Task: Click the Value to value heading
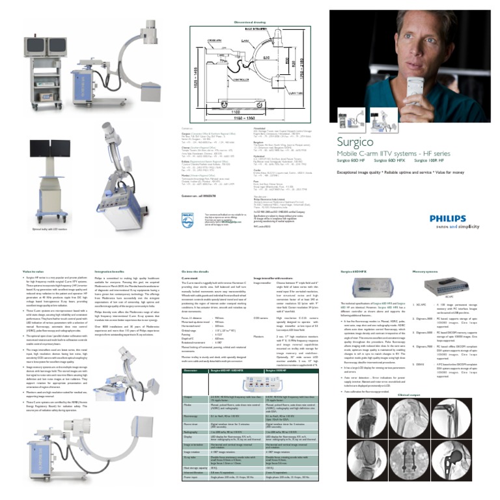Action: [33, 270]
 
